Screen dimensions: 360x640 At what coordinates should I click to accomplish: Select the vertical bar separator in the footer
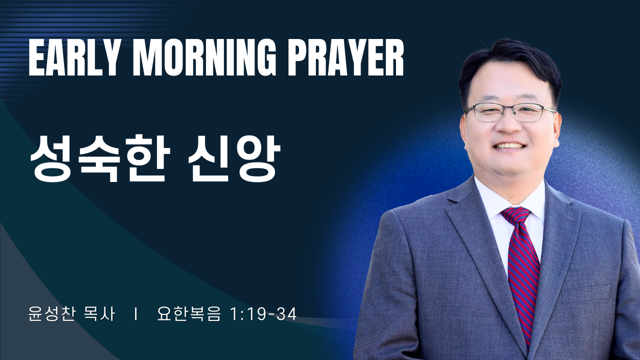(x=136, y=314)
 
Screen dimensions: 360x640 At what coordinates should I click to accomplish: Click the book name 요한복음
(x=188, y=314)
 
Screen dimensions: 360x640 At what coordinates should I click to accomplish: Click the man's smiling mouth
(x=509, y=146)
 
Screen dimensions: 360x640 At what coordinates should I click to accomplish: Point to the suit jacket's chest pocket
(x=585, y=293)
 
